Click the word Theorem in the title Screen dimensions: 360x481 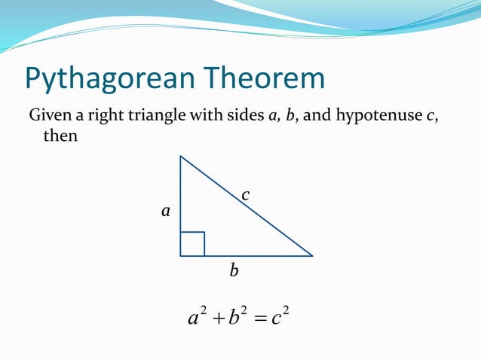pyautogui.click(x=266, y=78)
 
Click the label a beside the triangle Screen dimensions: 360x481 pyautogui.click(x=165, y=212)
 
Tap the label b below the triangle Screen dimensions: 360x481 pyautogui.click(x=234, y=270)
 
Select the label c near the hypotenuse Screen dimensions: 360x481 pyautogui.click(x=245, y=196)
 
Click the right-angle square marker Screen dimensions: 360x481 pyautogui.click(x=192, y=244)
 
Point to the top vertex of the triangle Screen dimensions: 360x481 pyautogui.click(x=180, y=157)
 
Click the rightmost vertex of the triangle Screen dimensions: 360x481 pyautogui.click(x=312, y=256)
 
